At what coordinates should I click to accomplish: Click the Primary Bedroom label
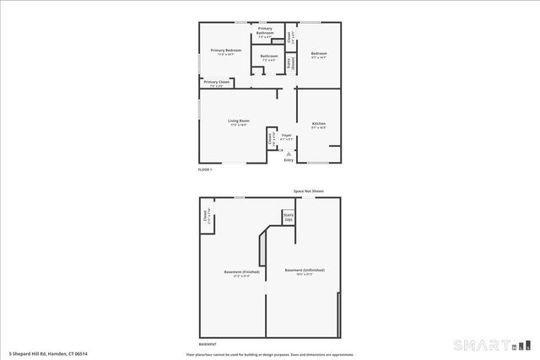(x=226, y=51)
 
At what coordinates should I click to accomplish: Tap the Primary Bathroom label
(x=265, y=33)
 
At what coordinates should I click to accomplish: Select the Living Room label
(x=239, y=121)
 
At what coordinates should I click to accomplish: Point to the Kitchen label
(x=318, y=125)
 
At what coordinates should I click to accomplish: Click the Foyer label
(x=287, y=135)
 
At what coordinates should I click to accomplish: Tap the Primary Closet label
(x=216, y=82)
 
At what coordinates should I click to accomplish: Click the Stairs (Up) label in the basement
(x=288, y=218)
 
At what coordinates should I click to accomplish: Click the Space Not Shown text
(x=309, y=191)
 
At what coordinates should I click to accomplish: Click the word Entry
(x=289, y=160)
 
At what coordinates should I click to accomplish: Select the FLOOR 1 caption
(x=205, y=170)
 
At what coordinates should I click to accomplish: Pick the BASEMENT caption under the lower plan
(x=207, y=343)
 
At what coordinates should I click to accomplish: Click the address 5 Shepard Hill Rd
(x=48, y=353)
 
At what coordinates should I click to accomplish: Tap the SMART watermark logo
(x=491, y=346)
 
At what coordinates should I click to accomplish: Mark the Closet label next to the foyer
(x=270, y=139)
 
